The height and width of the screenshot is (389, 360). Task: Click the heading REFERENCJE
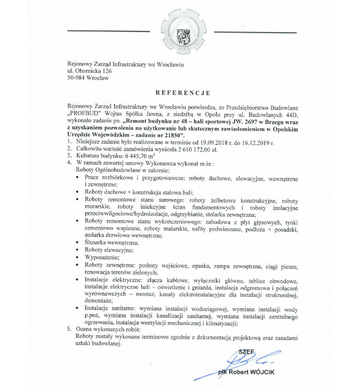(x=183, y=92)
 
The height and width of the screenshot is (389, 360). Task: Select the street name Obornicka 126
(x=91, y=71)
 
